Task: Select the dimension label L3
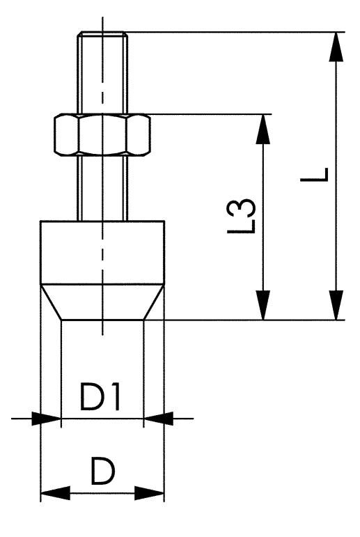point(245,217)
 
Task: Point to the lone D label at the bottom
point(102,473)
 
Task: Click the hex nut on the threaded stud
point(102,134)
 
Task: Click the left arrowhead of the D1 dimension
point(48,419)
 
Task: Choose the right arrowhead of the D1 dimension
point(156,419)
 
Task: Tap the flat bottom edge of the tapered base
point(102,320)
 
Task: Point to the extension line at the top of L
point(230,31)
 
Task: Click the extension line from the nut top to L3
point(202,114)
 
